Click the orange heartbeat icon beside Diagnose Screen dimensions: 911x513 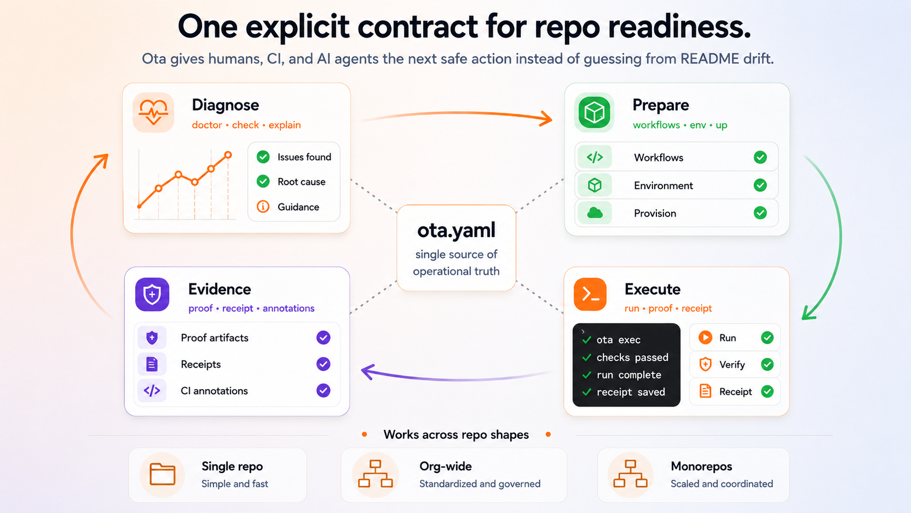[x=153, y=112]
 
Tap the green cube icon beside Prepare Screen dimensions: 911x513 [x=594, y=112]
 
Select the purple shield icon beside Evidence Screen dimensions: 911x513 [x=152, y=294]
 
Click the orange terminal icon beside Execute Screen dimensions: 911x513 [x=590, y=294]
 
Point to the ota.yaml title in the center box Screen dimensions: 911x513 [x=456, y=230]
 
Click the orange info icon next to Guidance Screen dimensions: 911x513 [x=263, y=207]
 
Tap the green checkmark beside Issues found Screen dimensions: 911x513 [x=263, y=156]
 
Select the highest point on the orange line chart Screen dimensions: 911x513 [x=228, y=155]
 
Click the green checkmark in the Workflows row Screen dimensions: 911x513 [x=760, y=157]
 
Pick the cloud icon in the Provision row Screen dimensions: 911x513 [x=595, y=213]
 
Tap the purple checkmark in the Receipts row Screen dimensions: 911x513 [x=323, y=364]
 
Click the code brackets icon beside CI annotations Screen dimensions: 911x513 [x=152, y=390]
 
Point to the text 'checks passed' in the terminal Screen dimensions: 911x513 [x=632, y=357]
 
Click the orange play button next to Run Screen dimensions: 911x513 [x=705, y=337]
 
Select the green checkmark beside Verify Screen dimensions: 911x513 [x=768, y=364]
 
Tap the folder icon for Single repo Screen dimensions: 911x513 [x=162, y=474]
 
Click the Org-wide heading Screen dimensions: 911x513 [x=445, y=466]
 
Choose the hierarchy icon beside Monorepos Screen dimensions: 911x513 [x=630, y=474]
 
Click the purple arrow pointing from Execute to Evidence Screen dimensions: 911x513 [x=456, y=378]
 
